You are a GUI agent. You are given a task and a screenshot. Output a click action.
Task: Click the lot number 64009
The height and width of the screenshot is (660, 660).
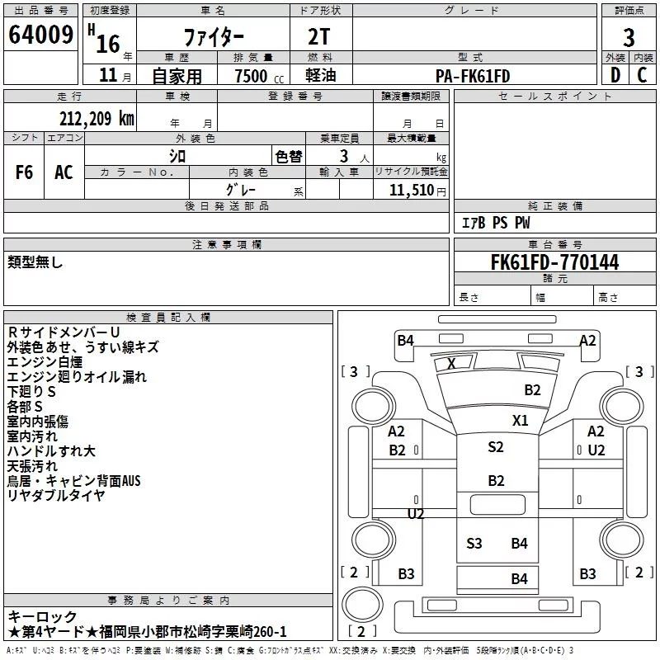(x=40, y=35)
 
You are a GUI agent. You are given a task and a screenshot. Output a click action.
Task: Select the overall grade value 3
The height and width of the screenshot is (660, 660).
(x=629, y=37)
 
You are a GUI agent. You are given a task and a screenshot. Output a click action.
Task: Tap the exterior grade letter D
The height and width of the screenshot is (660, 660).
(x=615, y=75)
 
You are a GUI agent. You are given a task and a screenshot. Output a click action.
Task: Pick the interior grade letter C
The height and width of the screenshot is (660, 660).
(x=642, y=75)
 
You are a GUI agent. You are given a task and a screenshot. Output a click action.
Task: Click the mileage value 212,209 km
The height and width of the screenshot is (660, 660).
(x=97, y=119)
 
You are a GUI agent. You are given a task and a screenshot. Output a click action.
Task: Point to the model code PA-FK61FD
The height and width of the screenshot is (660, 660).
(x=473, y=76)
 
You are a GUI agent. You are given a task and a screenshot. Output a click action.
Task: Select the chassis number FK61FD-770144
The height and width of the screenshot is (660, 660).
(x=554, y=262)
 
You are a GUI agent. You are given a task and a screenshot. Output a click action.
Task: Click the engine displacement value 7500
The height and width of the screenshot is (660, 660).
(x=251, y=76)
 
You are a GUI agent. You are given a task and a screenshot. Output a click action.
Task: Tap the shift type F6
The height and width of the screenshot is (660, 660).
(x=24, y=172)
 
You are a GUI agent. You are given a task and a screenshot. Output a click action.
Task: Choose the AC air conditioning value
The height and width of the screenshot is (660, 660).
(x=64, y=172)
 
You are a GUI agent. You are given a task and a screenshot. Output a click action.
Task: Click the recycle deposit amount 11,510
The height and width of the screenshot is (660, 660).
(x=412, y=191)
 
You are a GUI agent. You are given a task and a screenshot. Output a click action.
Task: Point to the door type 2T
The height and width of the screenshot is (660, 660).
(x=318, y=36)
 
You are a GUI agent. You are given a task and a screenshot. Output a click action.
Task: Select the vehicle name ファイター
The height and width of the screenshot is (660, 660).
(x=214, y=37)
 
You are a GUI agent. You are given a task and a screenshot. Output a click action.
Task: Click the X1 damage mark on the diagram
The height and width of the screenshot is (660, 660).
(x=521, y=420)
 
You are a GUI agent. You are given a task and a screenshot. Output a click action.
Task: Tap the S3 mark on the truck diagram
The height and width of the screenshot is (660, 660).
(x=474, y=543)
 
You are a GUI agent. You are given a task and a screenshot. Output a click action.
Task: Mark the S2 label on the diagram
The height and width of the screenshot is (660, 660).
(x=496, y=446)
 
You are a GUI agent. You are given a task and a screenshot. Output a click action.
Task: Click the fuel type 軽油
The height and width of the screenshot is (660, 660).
(x=321, y=75)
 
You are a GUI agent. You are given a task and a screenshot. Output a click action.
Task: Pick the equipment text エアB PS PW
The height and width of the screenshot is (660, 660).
(x=496, y=223)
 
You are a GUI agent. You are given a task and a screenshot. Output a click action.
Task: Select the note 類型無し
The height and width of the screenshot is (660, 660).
(x=35, y=262)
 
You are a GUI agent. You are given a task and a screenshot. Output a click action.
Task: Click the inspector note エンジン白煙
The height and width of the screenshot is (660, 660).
(x=45, y=362)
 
